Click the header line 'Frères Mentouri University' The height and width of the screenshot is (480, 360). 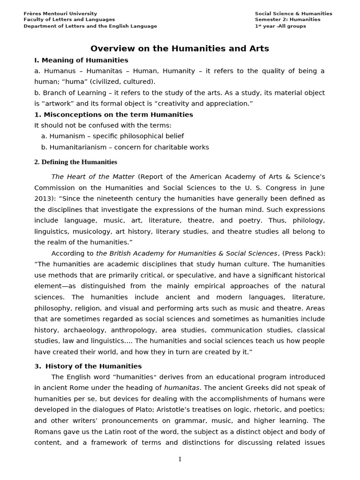(x=60, y=14)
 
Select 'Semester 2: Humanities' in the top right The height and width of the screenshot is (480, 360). (x=287, y=20)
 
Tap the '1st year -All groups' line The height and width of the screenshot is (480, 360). (x=280, y=26)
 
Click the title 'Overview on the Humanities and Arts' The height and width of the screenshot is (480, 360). (x=180, y=49)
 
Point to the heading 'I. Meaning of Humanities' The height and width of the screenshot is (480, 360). (x=81, y=60)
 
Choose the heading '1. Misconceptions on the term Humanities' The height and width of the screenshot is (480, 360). (x=113, y=115)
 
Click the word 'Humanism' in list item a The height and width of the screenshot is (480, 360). (x=67, y=136)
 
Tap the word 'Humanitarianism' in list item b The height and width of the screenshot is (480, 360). (x=80, y=147)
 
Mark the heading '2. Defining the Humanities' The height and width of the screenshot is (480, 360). (x=75, y=162)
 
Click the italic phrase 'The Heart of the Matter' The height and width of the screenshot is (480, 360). (x=93, y=177)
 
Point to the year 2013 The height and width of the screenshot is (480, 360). (x=44, y=199)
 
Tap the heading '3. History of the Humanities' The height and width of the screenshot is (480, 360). (x=88, y=366)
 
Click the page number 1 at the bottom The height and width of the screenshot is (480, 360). (x=180, y=459)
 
